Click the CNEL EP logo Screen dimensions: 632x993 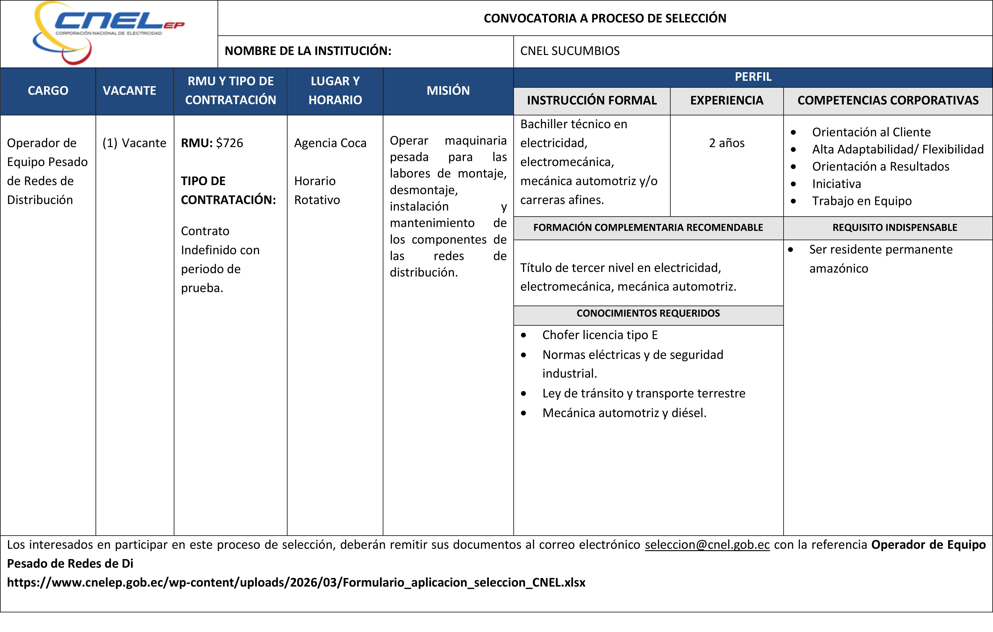pos(108,32)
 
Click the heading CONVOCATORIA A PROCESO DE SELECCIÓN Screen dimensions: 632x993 pos(604,18)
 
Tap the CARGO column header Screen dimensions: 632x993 pos(48,91)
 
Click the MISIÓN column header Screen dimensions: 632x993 pos(448,91)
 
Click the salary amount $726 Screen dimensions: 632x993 pos(230,143)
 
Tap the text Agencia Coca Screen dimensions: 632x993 pos(330,143)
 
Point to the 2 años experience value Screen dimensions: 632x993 pos(727,143)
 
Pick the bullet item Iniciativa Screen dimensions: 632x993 pos(836,184)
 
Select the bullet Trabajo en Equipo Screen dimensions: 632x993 pos(861,201)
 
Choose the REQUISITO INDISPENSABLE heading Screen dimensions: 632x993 pos(894,228)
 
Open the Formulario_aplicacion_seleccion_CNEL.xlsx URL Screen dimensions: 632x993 pos(296,583)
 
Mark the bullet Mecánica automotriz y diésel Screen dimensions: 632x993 pos(624,413)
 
